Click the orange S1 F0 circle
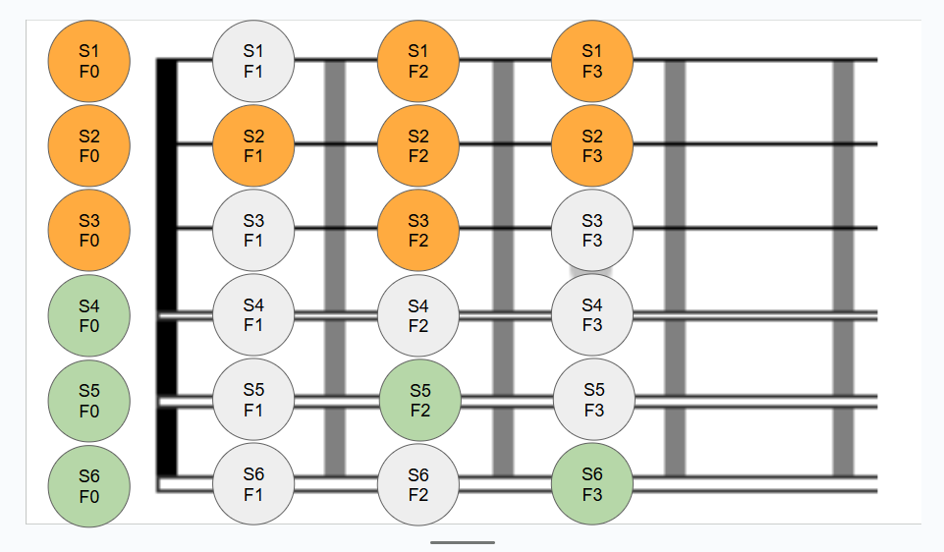tap(88, 60)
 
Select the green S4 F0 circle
tap(88, 316)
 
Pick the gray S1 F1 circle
tap(253, 60)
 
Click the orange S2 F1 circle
tap(253, 145)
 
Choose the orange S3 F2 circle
tap(418, 231)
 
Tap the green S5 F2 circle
tap(419, 401)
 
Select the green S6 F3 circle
tap(592, 484)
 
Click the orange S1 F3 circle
tap(592, 60)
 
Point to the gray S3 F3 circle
tap(592, 231)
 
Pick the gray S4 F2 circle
tap(418, 316)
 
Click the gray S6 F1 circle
tap(253, 484)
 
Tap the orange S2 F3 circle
tap(592, 145)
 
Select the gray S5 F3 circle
tap(593, 401)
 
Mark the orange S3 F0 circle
tap(88, 231)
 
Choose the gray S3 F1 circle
tap(253, 231)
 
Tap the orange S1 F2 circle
tap(418, 60)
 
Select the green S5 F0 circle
tap(88, 401)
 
